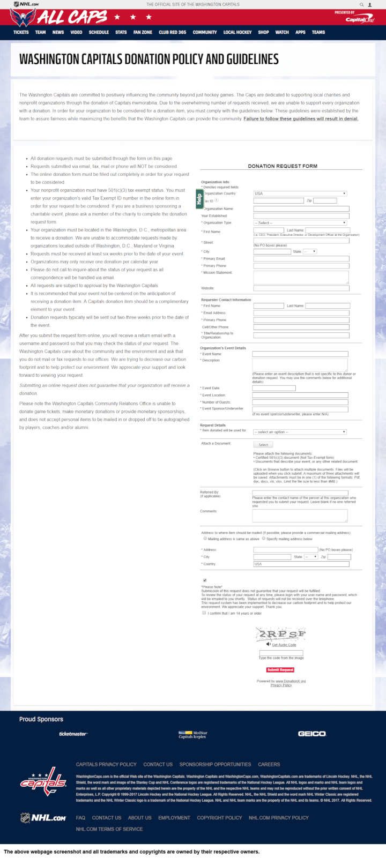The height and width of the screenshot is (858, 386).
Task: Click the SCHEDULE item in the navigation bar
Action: [99, 32]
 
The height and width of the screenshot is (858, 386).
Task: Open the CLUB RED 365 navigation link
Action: [172, 32]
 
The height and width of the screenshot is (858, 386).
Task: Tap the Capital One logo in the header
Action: [359, 19]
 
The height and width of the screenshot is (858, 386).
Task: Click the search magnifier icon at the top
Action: [362, 4]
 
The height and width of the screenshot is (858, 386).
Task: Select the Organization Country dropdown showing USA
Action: [300, 193]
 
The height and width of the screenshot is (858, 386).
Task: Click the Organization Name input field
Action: [301, 209]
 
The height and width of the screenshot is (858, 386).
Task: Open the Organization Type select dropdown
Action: [300, 223]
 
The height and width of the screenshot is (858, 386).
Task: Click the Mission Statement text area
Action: [301, 277]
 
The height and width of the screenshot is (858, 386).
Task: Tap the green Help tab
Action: [199, 198]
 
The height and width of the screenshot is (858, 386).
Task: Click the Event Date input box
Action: [273, 388]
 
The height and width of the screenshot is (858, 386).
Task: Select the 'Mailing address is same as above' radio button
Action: [205, 539]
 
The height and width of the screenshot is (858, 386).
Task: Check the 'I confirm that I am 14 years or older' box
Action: [204, 613]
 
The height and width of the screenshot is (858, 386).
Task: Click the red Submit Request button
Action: [280, 669]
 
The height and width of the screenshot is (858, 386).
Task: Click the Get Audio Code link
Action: [284, 645]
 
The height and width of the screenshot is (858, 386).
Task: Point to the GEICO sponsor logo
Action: [311, 734]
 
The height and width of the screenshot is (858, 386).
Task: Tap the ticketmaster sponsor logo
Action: [73, 734]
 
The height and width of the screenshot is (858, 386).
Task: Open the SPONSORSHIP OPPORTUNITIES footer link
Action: [215, 764]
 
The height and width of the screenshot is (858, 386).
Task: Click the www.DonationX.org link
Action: [291, 681]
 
